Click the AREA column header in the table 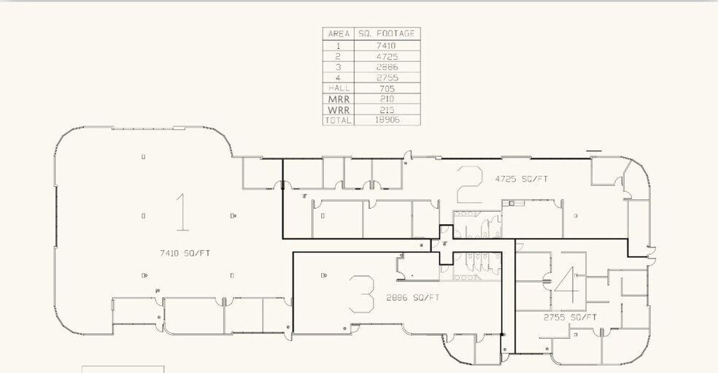339,34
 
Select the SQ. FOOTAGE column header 387,34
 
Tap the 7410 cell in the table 387,46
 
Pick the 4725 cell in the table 387,57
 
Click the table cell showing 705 387,88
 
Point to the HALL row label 339,88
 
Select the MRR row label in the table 339,99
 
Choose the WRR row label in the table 339,110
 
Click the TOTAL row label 339,120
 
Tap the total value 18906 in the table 387,120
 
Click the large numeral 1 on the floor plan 182,212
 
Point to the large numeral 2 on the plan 469,184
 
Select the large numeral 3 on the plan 362,294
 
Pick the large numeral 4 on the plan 568,285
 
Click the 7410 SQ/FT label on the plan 185,253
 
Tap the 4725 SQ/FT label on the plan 522,179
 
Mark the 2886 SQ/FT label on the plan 413,298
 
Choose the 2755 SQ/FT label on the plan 570,318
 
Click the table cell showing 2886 387,67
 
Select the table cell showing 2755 387,78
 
